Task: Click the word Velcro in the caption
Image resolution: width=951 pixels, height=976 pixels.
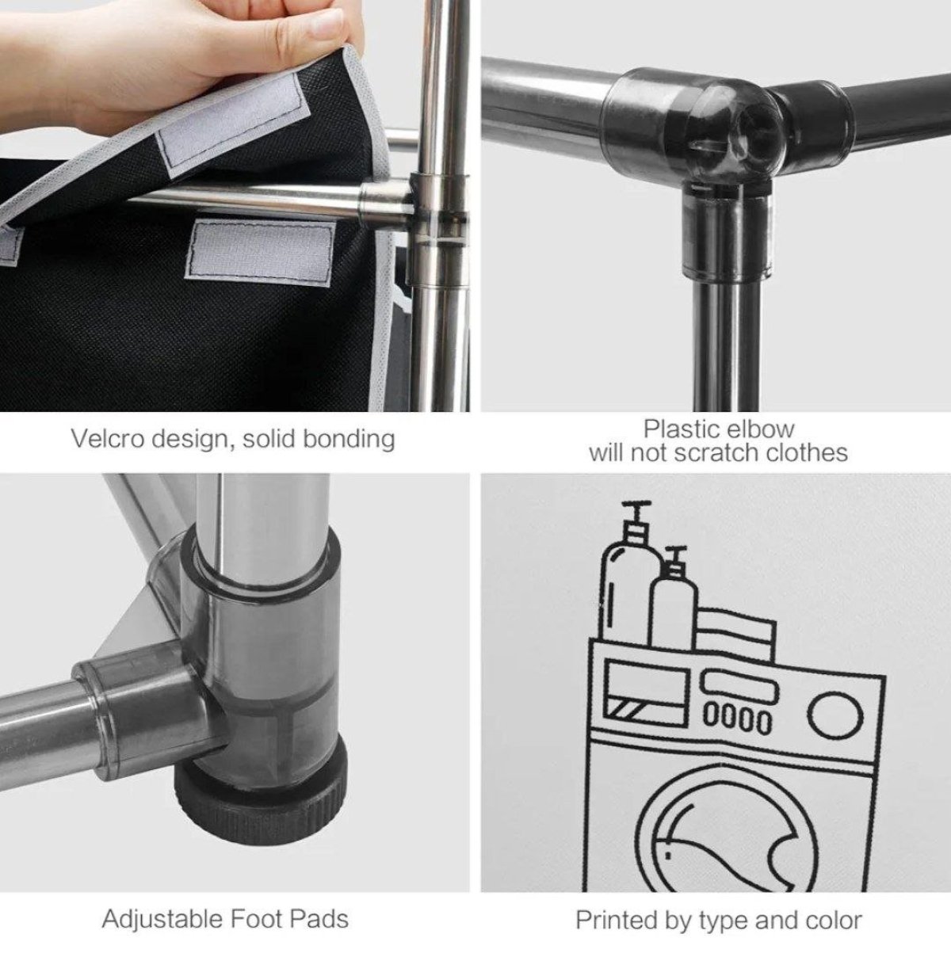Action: pyautogui.click(x=108, y=439)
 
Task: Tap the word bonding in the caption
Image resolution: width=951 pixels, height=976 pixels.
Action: pyautogui.click(x=349, y=440)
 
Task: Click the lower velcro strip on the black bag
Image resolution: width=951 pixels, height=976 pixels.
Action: pyautogui.click(x=260, y=252)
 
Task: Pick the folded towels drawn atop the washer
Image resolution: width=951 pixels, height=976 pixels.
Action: pyautogui.click(x=736, y=635)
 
